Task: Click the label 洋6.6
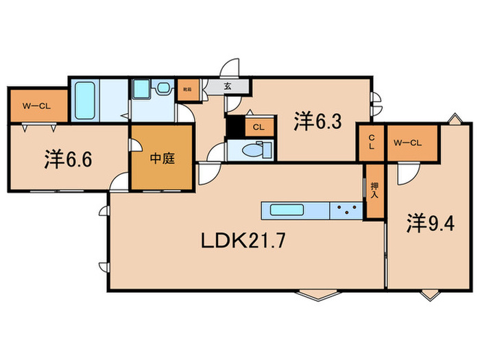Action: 68,160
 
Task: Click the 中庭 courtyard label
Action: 163,159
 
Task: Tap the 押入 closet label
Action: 374,191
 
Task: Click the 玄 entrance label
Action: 228,87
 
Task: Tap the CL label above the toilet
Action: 259,127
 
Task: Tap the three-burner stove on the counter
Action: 346,211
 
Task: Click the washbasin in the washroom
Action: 163,88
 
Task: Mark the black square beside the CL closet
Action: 235,128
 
